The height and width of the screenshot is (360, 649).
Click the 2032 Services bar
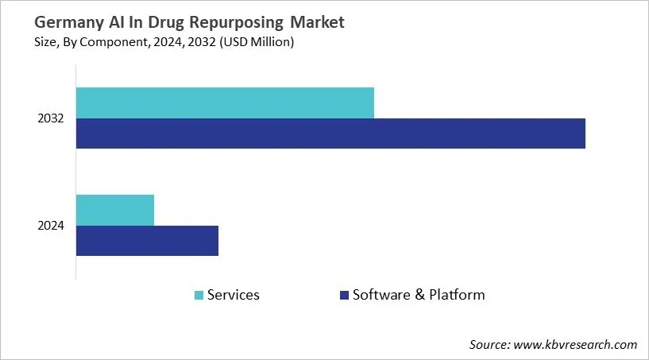click(225, 103)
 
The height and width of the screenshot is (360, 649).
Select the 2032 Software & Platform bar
click(330, 134)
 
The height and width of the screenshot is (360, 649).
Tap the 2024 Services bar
click(115, 210)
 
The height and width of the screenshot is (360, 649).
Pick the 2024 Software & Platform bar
click(147, 241)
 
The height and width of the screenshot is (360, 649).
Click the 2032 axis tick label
click(51, 118)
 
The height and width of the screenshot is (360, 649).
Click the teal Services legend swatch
click(199, 296)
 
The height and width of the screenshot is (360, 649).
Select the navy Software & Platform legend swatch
click(344, 296)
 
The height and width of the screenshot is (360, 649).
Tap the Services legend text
click(234, 295)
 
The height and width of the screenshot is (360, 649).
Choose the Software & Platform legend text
click(419, 295)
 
